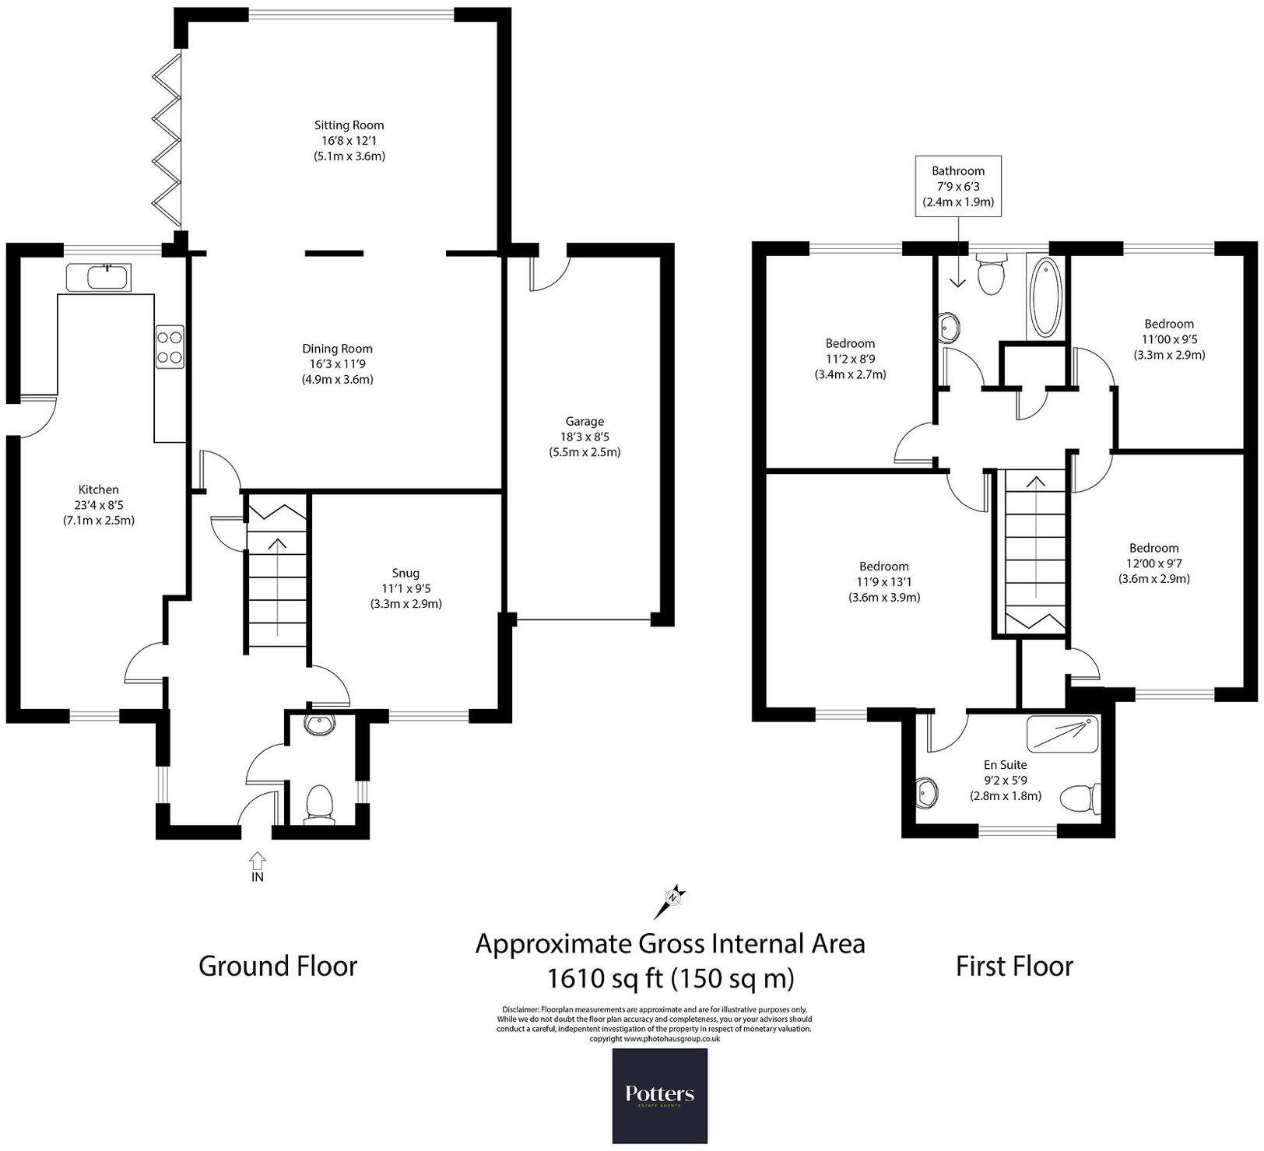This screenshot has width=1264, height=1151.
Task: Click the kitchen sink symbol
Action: pos(100,277)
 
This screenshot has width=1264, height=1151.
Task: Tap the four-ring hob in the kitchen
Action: pos(170,346)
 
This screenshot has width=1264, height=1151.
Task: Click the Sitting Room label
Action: pos(349,125)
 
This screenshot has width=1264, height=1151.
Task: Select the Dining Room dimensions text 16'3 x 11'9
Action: pos(337,364)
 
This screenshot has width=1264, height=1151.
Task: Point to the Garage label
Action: pos(585,421)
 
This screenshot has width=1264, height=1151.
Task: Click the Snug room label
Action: pos(406,573)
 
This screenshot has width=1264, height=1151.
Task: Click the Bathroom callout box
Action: pos(957,186)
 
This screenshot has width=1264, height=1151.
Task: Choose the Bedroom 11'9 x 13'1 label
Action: pos(883,567)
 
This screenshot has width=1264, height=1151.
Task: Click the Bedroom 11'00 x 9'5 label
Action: pos(1168,324)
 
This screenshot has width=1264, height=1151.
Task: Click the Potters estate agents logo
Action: pos(659,1096)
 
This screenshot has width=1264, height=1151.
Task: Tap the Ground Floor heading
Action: pos(278,966)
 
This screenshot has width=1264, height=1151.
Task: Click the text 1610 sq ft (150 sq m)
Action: pos(670,977)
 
